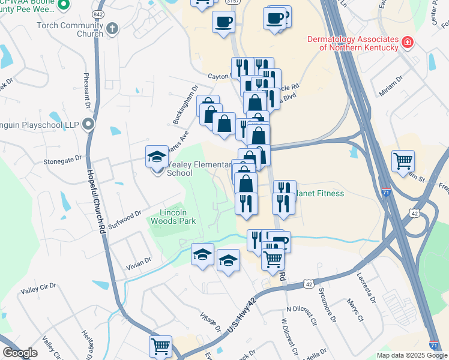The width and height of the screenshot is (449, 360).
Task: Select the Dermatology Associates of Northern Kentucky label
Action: (x=352, y=43)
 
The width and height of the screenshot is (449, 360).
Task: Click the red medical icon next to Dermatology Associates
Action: (x=408, y=42)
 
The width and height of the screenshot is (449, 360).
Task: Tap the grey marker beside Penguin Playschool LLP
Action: (x=89, y=125)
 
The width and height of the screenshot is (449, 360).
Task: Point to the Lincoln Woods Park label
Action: (x=178, y=217)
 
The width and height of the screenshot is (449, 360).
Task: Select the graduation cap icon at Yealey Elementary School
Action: (x=157, y=158)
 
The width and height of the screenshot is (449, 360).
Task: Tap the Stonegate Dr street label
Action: (x=62, y=160)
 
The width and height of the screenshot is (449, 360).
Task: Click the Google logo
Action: (x=20, y=353)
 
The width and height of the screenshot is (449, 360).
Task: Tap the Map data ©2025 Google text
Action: (x=411, y=355)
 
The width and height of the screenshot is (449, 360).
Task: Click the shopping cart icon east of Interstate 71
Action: (x=403, y=161)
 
